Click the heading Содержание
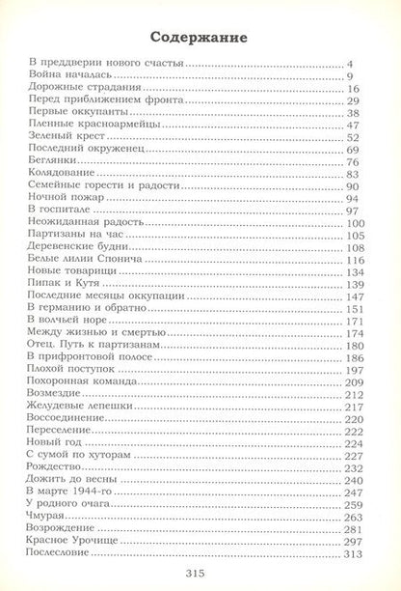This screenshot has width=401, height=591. (x=200, y=38)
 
